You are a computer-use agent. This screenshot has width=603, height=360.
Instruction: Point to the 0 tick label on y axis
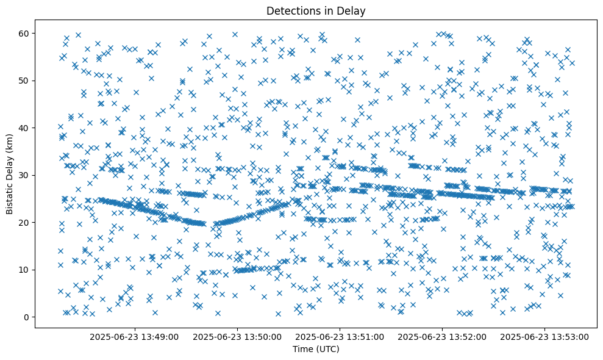(26, 317)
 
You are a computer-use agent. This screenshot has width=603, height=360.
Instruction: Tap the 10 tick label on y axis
(24, 270)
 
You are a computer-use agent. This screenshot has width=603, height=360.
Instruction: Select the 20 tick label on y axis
(24, 223)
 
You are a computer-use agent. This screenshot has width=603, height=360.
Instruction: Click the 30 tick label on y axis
(24, 175)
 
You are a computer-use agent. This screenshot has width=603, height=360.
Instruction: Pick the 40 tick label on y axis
(24, 128)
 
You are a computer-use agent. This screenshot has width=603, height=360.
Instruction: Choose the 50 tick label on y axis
(24, 81)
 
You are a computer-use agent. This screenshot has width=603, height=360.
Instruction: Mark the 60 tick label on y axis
(24, 33)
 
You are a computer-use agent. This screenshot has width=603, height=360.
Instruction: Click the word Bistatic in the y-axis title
(10, 197)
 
